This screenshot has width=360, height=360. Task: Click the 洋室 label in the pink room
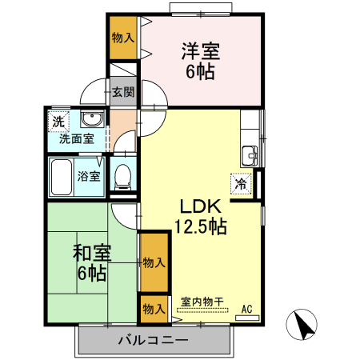[200, 50]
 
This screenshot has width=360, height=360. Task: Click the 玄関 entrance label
[124, 93]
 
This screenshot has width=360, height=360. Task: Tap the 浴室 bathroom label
[89, 175]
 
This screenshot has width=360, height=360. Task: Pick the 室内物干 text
[202, 302]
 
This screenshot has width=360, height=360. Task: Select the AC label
[246, 308]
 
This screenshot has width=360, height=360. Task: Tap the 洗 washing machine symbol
[58, 122]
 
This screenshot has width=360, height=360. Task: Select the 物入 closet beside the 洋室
[123, 38]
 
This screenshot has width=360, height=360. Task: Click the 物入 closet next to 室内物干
[154, 308]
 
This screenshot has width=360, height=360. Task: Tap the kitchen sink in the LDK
[250, 154]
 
